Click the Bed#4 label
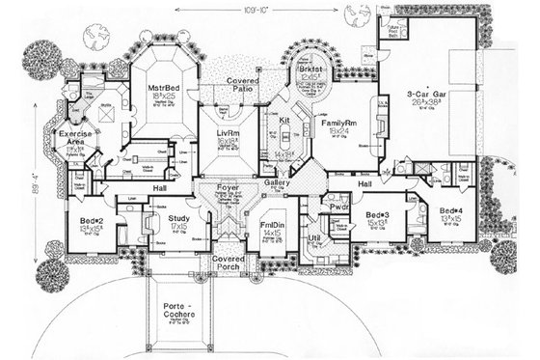[x=450, y=210]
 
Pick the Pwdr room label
[x=337, y=207]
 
